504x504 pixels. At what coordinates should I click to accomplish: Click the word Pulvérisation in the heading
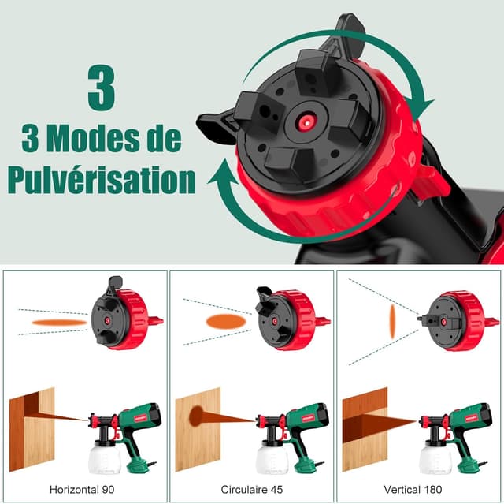pyautogui.click(x=101, y=179)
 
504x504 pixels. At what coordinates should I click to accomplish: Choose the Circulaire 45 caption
pyautogui.click(x=251, y=489)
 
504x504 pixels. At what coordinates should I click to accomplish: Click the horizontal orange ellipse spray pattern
pyautogui.click(x=59, y=322)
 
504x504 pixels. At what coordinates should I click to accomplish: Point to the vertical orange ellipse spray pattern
pyautogui.click(x=391, y=321)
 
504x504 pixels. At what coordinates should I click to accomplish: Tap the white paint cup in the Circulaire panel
pyautogui.click(x=273, y=456)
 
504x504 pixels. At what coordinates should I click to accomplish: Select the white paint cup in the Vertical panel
pyautogui.click(x=435, y=456)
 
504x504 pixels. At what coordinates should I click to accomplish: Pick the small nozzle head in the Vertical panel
pyautogui.click(x=455, y=321)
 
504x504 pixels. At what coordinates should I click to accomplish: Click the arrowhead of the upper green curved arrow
pyautogui.click(x=425, y=110)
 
